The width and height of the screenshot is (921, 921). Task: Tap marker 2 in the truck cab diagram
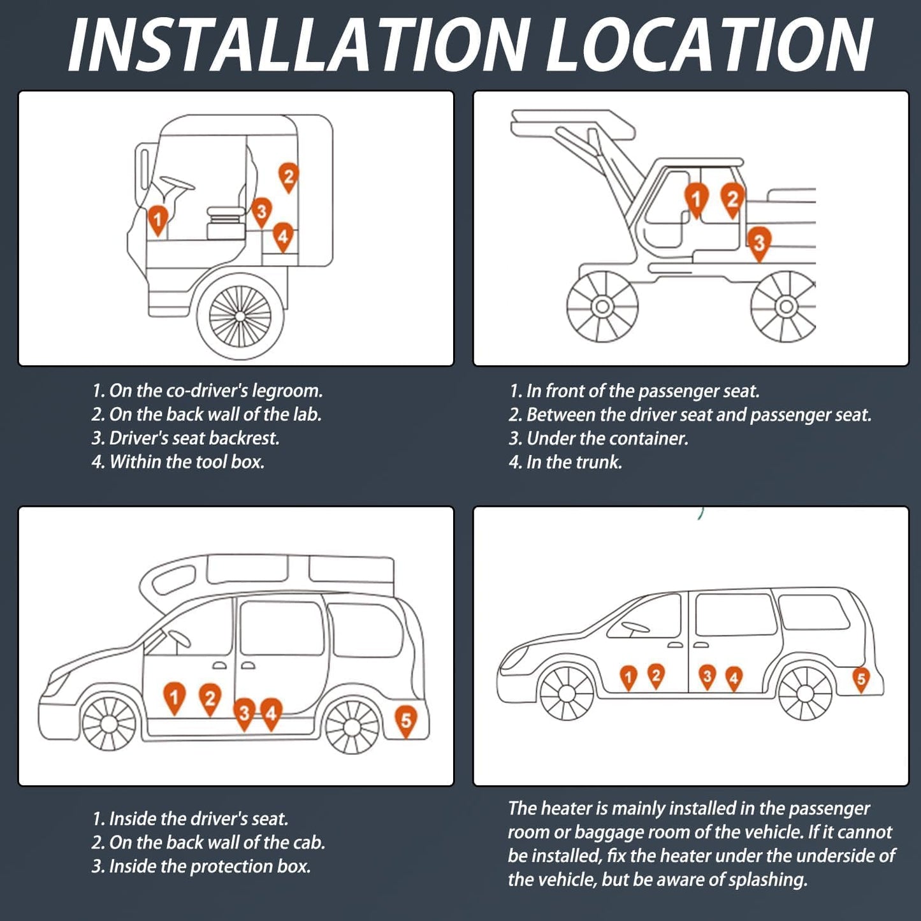289,177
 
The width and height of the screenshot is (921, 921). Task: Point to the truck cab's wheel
240,315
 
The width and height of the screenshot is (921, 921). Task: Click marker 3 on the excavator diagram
758,242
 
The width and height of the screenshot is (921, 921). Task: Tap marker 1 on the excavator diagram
696,198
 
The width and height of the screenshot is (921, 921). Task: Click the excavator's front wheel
602,307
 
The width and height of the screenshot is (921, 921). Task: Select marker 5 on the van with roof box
406,720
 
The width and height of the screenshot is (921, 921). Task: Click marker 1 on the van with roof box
174,697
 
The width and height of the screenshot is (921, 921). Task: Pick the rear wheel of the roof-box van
352,725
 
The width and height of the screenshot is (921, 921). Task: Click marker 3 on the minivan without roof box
706,676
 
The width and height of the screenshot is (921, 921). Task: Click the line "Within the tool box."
178,461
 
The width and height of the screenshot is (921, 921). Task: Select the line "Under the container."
598,439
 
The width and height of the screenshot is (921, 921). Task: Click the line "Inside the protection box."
201,866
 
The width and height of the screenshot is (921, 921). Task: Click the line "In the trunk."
565,462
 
